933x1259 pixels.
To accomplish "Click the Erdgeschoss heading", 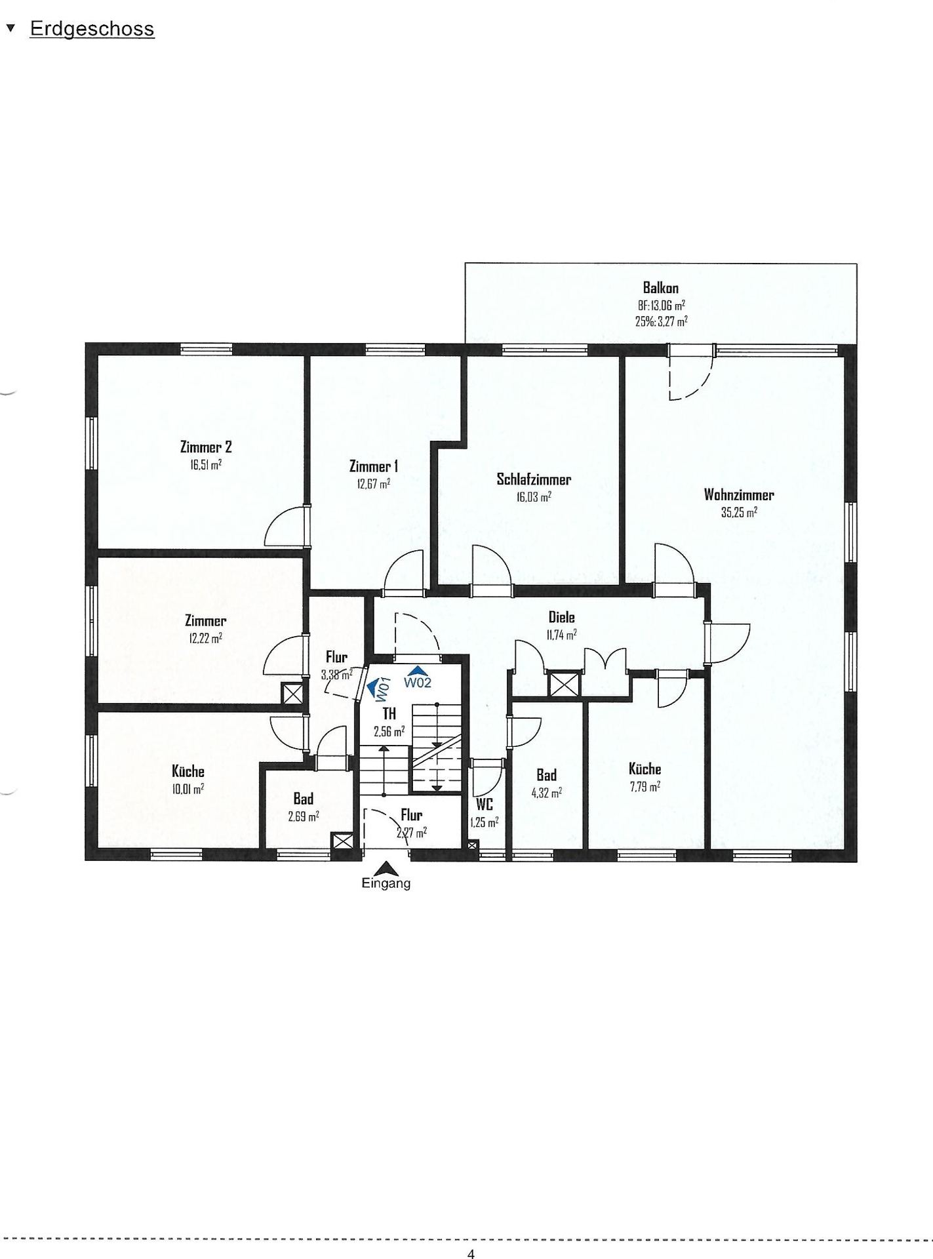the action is [92, 30].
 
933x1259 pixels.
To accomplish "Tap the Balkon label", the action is [660, 288].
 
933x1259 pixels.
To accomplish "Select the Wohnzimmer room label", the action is [739, 494].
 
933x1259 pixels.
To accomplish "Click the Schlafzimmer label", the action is [534, 479].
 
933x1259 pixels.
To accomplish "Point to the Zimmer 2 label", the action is [206, 447].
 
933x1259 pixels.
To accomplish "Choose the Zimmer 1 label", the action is [373, 466].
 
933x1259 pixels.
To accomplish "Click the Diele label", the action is [562, 617].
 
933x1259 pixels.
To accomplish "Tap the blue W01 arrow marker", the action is [376, 688].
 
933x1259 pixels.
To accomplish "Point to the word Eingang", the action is [386, 883].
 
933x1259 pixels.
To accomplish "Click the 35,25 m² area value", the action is [739, 513].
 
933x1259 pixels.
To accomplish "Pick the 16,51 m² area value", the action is [206, 465].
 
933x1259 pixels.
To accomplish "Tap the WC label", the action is [484, 805].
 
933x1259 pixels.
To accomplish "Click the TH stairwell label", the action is [389, 713].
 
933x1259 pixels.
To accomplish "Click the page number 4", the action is [471, 1254].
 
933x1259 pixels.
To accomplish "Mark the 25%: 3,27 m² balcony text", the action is [661, 321].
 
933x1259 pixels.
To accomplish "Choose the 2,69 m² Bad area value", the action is [304, 816].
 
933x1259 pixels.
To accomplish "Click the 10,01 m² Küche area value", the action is [188, 789].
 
